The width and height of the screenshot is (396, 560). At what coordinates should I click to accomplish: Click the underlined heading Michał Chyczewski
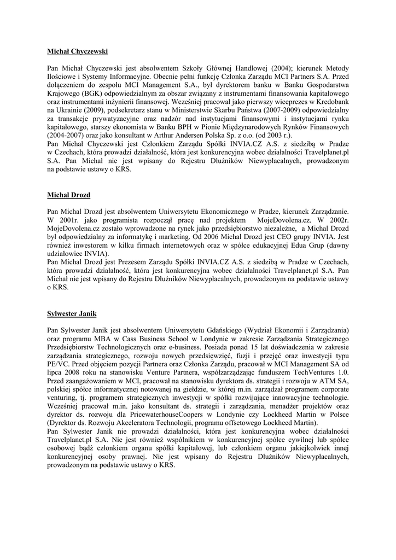coord(77,51)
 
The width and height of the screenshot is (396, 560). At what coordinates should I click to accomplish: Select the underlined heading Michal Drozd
coord(68,195)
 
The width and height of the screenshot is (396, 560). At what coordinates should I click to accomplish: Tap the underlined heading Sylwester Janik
coord(72,314)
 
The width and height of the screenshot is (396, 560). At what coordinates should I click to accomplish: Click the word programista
coord(104,219)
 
